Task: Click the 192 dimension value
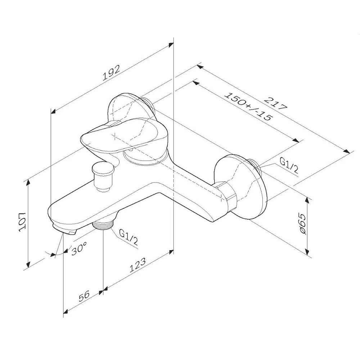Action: (111, 73)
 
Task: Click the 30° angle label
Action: (78, 248)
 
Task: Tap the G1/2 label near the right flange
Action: (290, 167)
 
